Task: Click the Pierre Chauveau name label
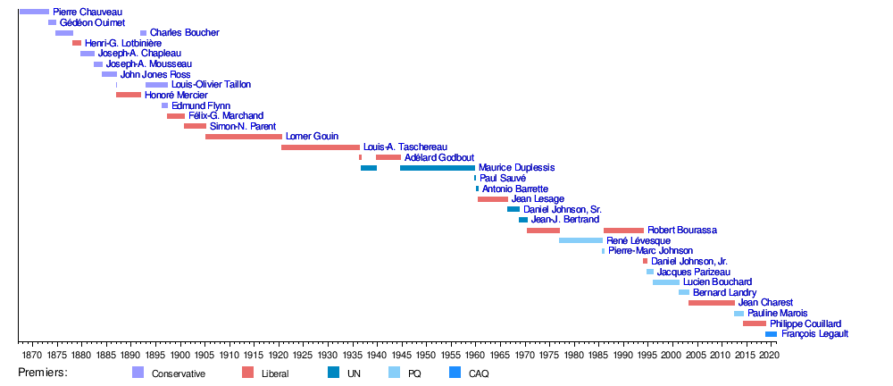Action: (88, 12)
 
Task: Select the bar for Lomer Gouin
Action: (244, 137)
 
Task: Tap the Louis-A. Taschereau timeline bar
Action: (321, 147)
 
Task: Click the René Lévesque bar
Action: (580, 240)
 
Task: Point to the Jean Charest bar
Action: (711, 303)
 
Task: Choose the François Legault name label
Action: (814, 334)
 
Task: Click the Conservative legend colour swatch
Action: (138, 373)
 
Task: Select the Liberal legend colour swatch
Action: (247, 373)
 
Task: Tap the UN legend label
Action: (355, 373)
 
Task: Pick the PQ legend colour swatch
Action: (394, 373)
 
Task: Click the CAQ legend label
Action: (479, 373)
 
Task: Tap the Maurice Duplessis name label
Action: (516, 167)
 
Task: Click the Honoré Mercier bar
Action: (129, 95)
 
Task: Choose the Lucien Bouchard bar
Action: (666, 282)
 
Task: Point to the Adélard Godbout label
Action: (438, 157)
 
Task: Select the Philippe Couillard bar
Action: (755, 323)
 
